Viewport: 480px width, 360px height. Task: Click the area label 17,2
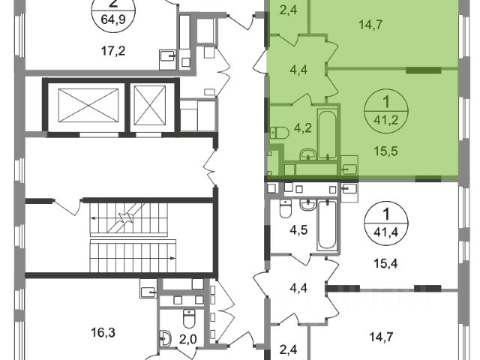pos(113,52)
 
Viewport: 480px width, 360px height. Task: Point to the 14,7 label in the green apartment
pos(368,25)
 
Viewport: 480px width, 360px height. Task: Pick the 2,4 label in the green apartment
pos(287,10)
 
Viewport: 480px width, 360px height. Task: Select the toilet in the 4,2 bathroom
pos(280,133)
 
